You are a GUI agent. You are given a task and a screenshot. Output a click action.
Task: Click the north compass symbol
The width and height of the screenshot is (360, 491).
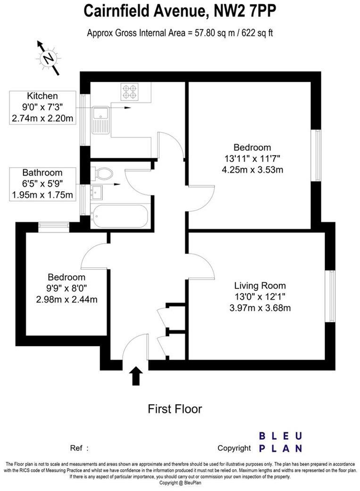click(x=49, y=58)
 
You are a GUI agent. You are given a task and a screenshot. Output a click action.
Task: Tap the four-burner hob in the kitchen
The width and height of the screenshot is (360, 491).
click(x=129, y=91)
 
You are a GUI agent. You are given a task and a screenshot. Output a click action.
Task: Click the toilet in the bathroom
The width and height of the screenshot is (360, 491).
click(x=102, y=174)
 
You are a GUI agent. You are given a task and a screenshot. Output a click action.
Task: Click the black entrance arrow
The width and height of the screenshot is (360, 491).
click(x=136, y=376)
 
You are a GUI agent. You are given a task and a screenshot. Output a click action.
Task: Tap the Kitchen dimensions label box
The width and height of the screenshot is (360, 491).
click(x=42, y=108)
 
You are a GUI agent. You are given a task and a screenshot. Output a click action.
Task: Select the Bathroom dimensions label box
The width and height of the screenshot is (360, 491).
click(x=42, y=184)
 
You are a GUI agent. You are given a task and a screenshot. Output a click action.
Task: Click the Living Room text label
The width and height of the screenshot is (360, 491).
click(x=260, y=286)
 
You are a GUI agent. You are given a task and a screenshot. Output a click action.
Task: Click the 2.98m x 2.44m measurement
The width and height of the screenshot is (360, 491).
click(x=67, y=299)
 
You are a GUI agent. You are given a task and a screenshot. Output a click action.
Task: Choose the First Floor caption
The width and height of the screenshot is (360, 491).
click(x=175, y=408)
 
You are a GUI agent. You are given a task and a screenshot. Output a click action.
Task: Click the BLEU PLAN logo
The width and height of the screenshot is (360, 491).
click(x=280, y=442)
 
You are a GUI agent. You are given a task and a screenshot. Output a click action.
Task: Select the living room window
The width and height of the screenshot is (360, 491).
click(x=332, y=296)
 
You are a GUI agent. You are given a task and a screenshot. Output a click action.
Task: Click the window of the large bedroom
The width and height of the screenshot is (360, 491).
click(x=318, y=155)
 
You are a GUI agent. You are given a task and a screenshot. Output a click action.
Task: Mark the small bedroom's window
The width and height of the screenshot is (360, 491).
click(x=53, y=227)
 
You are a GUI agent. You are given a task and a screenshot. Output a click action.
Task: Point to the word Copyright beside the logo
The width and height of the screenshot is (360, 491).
click(x=234, y=448)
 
